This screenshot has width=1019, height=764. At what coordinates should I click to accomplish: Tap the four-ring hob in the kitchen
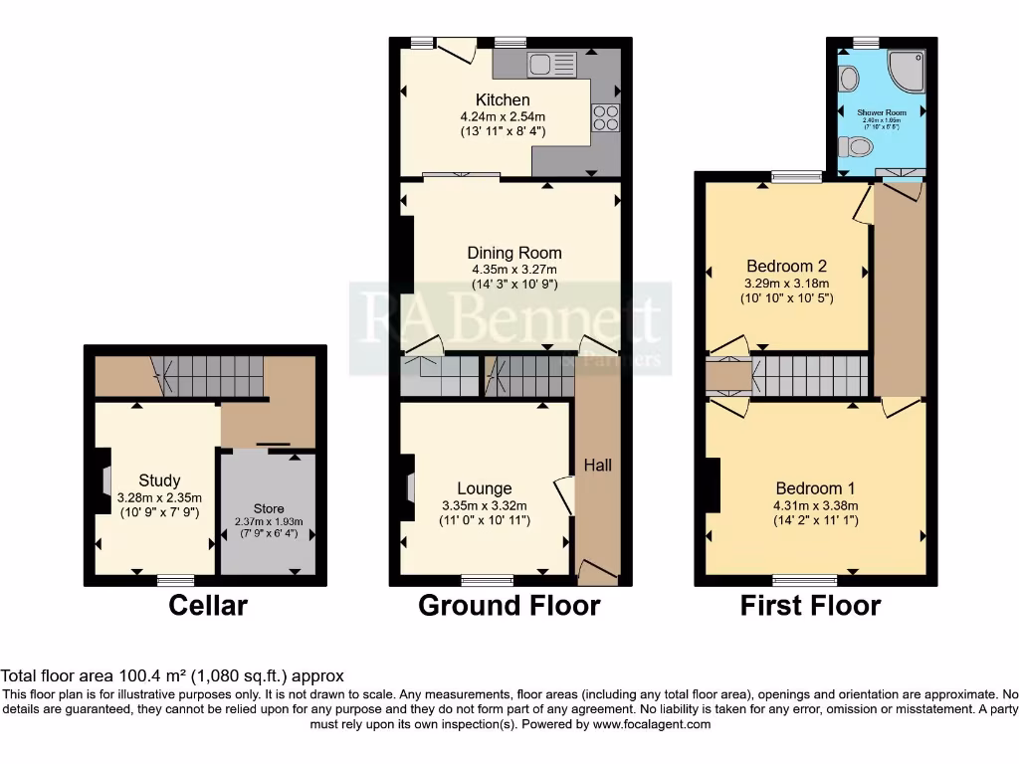606,117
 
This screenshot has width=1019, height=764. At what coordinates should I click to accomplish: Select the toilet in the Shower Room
855,148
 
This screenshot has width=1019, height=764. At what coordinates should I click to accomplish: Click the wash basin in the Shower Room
848,77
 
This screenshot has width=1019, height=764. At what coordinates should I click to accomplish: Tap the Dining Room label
516,253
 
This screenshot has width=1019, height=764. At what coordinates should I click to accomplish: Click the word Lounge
485,488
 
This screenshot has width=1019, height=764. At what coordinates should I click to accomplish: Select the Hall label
597,466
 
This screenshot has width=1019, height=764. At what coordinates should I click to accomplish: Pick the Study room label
159,481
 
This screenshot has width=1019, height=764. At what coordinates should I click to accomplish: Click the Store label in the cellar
269,508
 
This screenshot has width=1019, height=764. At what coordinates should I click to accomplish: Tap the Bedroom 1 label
815,488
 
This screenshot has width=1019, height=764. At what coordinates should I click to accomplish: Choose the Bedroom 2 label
787,267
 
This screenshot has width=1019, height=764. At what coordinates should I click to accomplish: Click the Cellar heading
208,605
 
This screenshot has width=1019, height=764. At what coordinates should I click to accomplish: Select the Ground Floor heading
509,605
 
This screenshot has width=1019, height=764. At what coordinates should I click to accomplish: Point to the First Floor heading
810,605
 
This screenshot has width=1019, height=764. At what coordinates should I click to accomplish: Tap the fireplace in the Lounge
409,487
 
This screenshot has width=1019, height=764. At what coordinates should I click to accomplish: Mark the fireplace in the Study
103,481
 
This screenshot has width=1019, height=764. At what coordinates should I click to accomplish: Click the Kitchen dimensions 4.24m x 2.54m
503,116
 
